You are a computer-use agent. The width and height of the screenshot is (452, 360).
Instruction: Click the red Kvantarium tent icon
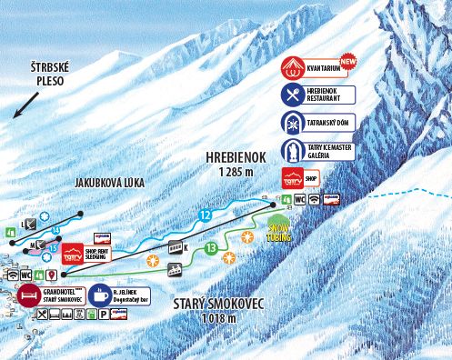(289, 66)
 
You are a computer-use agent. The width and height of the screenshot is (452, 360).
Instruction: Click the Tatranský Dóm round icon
(289, 125)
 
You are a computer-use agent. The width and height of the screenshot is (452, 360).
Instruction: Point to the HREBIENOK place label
(235, 156)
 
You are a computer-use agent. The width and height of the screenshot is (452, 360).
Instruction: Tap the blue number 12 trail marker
(205, 215)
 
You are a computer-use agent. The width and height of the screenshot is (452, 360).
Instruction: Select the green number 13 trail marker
(211, 247)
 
